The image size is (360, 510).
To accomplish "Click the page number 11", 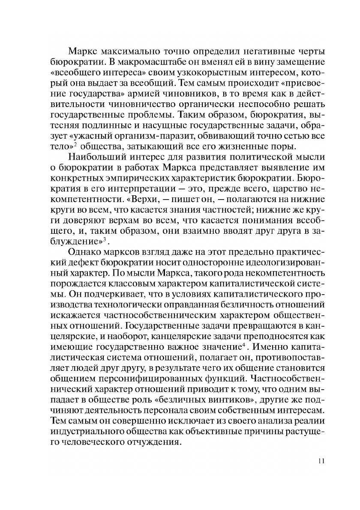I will (322, 461).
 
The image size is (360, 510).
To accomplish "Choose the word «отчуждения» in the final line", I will (150, 444).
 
